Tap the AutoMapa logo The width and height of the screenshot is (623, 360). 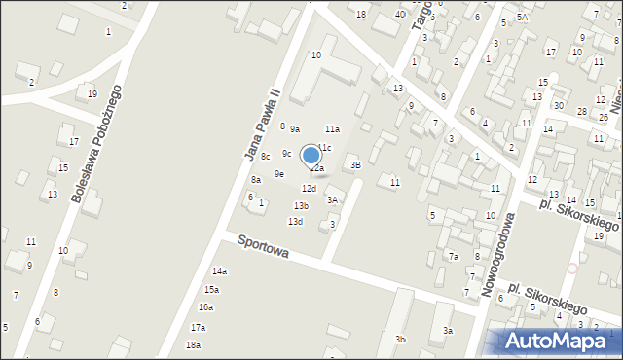pyautogui.click(x=556, y=341)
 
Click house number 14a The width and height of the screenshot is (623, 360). pyautogui.click(x=219, y=271)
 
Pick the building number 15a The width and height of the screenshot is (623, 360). pyautogui.click(x=211, y=289)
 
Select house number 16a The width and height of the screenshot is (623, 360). pyautogui.click(x=205, y=306)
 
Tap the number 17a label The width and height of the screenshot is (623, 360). pyautogui.click(x=199, y=327)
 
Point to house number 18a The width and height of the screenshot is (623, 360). pyautogui.click(x=193, y=344)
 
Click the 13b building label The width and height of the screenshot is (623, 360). pyautogui.click(x=301, y=205)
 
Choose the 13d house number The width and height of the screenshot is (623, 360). pyautogui.click(x=295, y=221)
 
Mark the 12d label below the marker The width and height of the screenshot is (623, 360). pyautogui.click(x=309, y=188)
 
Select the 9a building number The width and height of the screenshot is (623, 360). pyautogui.click(x=294, y=128)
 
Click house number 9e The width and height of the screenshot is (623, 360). pyautogui.click(x=278, y=173)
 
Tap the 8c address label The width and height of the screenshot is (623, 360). pyautogui.click(x=265, y=156)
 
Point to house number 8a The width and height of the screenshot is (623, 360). pyautogui.click(x=255, y=179)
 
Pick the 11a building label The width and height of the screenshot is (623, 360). pyautogui.click(x=332, y=128)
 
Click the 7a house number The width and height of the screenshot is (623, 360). pyautogui.click(x=453, y=256)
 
